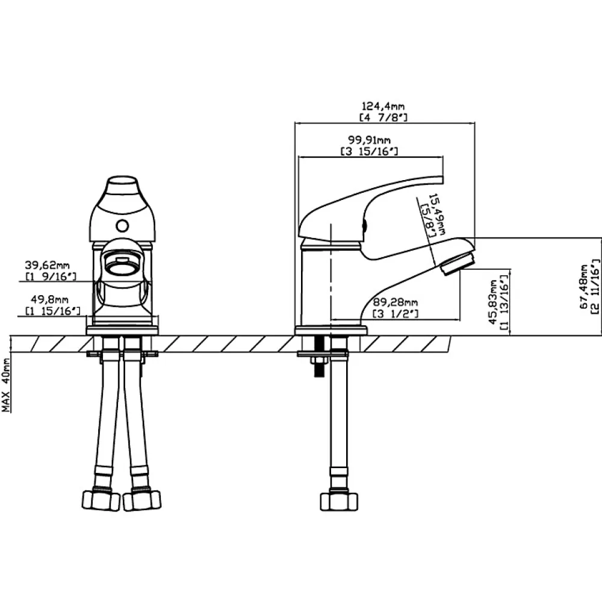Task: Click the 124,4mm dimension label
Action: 383,106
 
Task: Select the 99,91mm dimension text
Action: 370,140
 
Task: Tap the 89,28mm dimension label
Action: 396,302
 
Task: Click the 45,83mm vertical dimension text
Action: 493,302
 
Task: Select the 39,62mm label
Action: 48,265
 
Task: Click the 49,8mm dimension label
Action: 49,299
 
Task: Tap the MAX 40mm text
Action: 6,384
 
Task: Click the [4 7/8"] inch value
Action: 383,117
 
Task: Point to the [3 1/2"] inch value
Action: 396,314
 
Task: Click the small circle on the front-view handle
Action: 123,226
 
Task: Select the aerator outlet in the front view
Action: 122,264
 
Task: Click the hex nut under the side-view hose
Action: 339,501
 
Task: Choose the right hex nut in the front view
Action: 142,501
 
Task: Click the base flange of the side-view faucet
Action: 331,330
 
